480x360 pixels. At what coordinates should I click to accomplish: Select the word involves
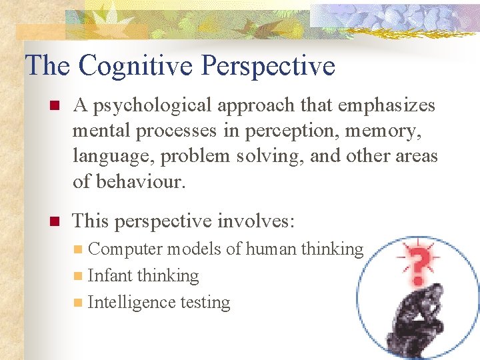259,220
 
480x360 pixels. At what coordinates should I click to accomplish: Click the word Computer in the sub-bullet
125,249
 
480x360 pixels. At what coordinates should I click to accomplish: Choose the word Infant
107,275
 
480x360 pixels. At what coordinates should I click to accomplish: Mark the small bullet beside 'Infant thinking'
79,276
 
